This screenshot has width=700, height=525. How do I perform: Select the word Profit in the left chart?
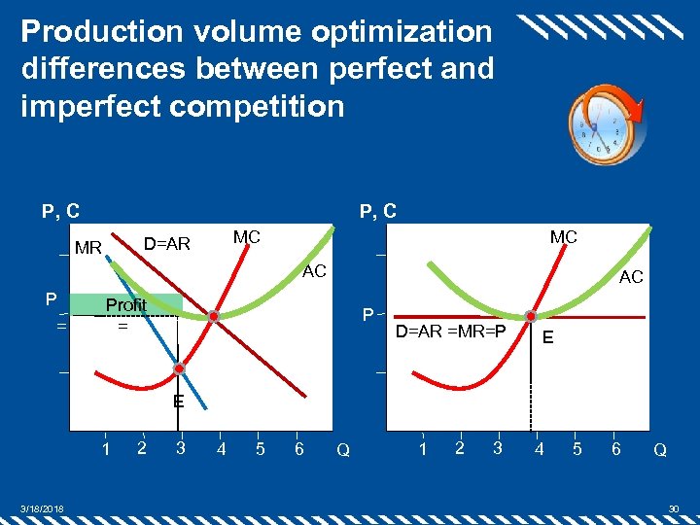coord(125,305)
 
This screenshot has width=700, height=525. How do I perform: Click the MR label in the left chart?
coord(88,248)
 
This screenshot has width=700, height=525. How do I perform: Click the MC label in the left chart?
coord(246,237)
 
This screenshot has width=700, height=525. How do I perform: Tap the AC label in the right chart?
coord(631,277)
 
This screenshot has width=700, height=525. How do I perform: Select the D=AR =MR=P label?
coord(450,332)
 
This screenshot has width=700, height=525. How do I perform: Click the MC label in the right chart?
coord(564,237)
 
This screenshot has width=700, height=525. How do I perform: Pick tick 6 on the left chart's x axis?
coord(298,448)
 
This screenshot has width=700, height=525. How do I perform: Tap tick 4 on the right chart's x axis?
coord(537,448)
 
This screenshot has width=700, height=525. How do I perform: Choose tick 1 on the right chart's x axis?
coord(422,448)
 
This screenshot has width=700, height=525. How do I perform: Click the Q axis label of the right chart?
coord(660,450)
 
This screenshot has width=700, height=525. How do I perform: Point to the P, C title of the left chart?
coord(60,210)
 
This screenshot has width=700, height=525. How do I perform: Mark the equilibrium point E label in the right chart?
coord(549,337)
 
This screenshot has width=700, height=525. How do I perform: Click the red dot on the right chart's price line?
coord(531,316)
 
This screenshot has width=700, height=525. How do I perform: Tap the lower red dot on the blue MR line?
coord(180,368)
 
